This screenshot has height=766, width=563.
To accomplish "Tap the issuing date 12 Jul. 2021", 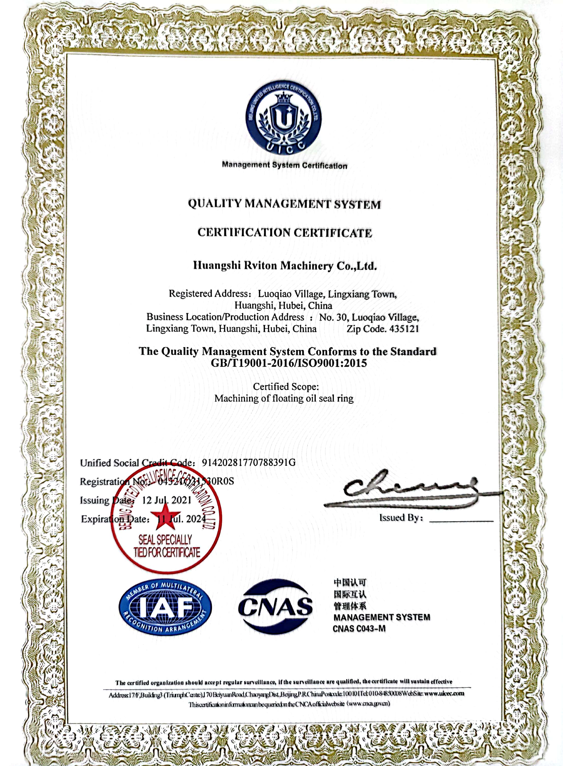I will click(x=167, y=500).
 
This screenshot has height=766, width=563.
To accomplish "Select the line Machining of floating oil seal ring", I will click(x=284, y=398).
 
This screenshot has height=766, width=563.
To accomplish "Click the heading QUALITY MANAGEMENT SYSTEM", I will click(x=284, y=204).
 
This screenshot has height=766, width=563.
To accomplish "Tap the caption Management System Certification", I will click(x=285, y=165).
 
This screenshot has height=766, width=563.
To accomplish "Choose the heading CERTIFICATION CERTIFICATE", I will click(x=285, y=233).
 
